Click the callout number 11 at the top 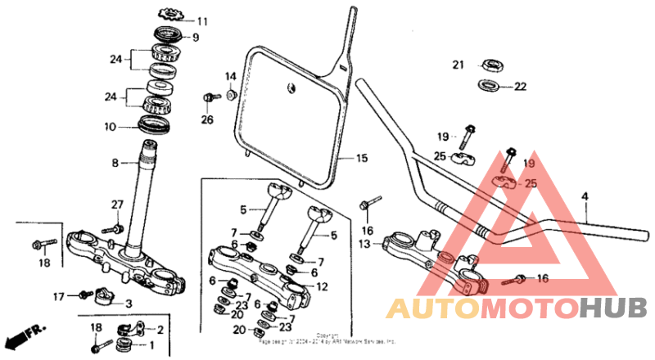(x=202, y=20)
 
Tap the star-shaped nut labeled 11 (x=171, y=14)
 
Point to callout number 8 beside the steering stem (x=115, y=164)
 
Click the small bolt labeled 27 (x=117, y=227)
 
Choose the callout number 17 (x=58, y=296)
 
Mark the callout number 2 (x=160, y=330)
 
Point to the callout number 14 (x=231, y=76)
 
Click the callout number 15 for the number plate (x=361, y=158)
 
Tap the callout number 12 (x=322, y=286)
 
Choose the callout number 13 (x=365, y=244)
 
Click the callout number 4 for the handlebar (x=585, y=196)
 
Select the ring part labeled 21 (x=493, y=64)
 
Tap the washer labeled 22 (x=490, y=85)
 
